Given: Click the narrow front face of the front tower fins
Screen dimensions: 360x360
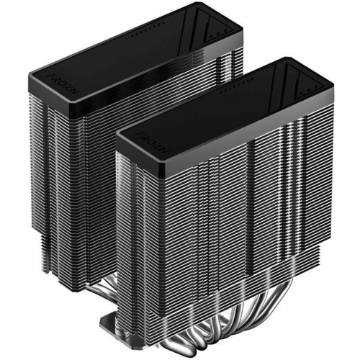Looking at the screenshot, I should coord(144,230).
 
